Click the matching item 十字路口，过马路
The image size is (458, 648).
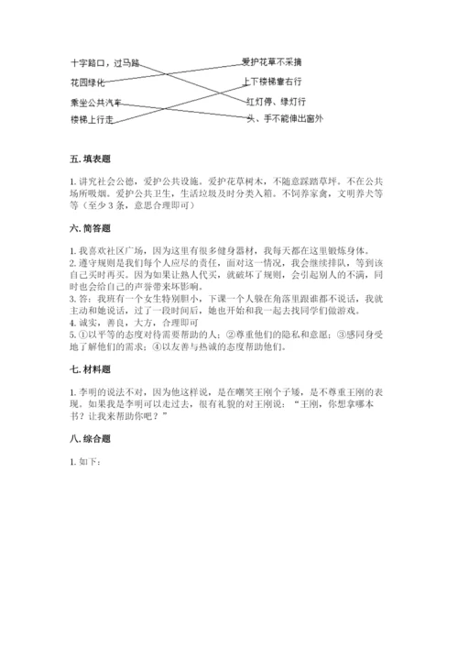(104, 63)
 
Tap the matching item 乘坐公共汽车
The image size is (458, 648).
(101, 101)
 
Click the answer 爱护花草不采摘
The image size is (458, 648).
(273, 62)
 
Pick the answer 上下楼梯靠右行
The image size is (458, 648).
(275, 82)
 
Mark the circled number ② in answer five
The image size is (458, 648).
(229, 335)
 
